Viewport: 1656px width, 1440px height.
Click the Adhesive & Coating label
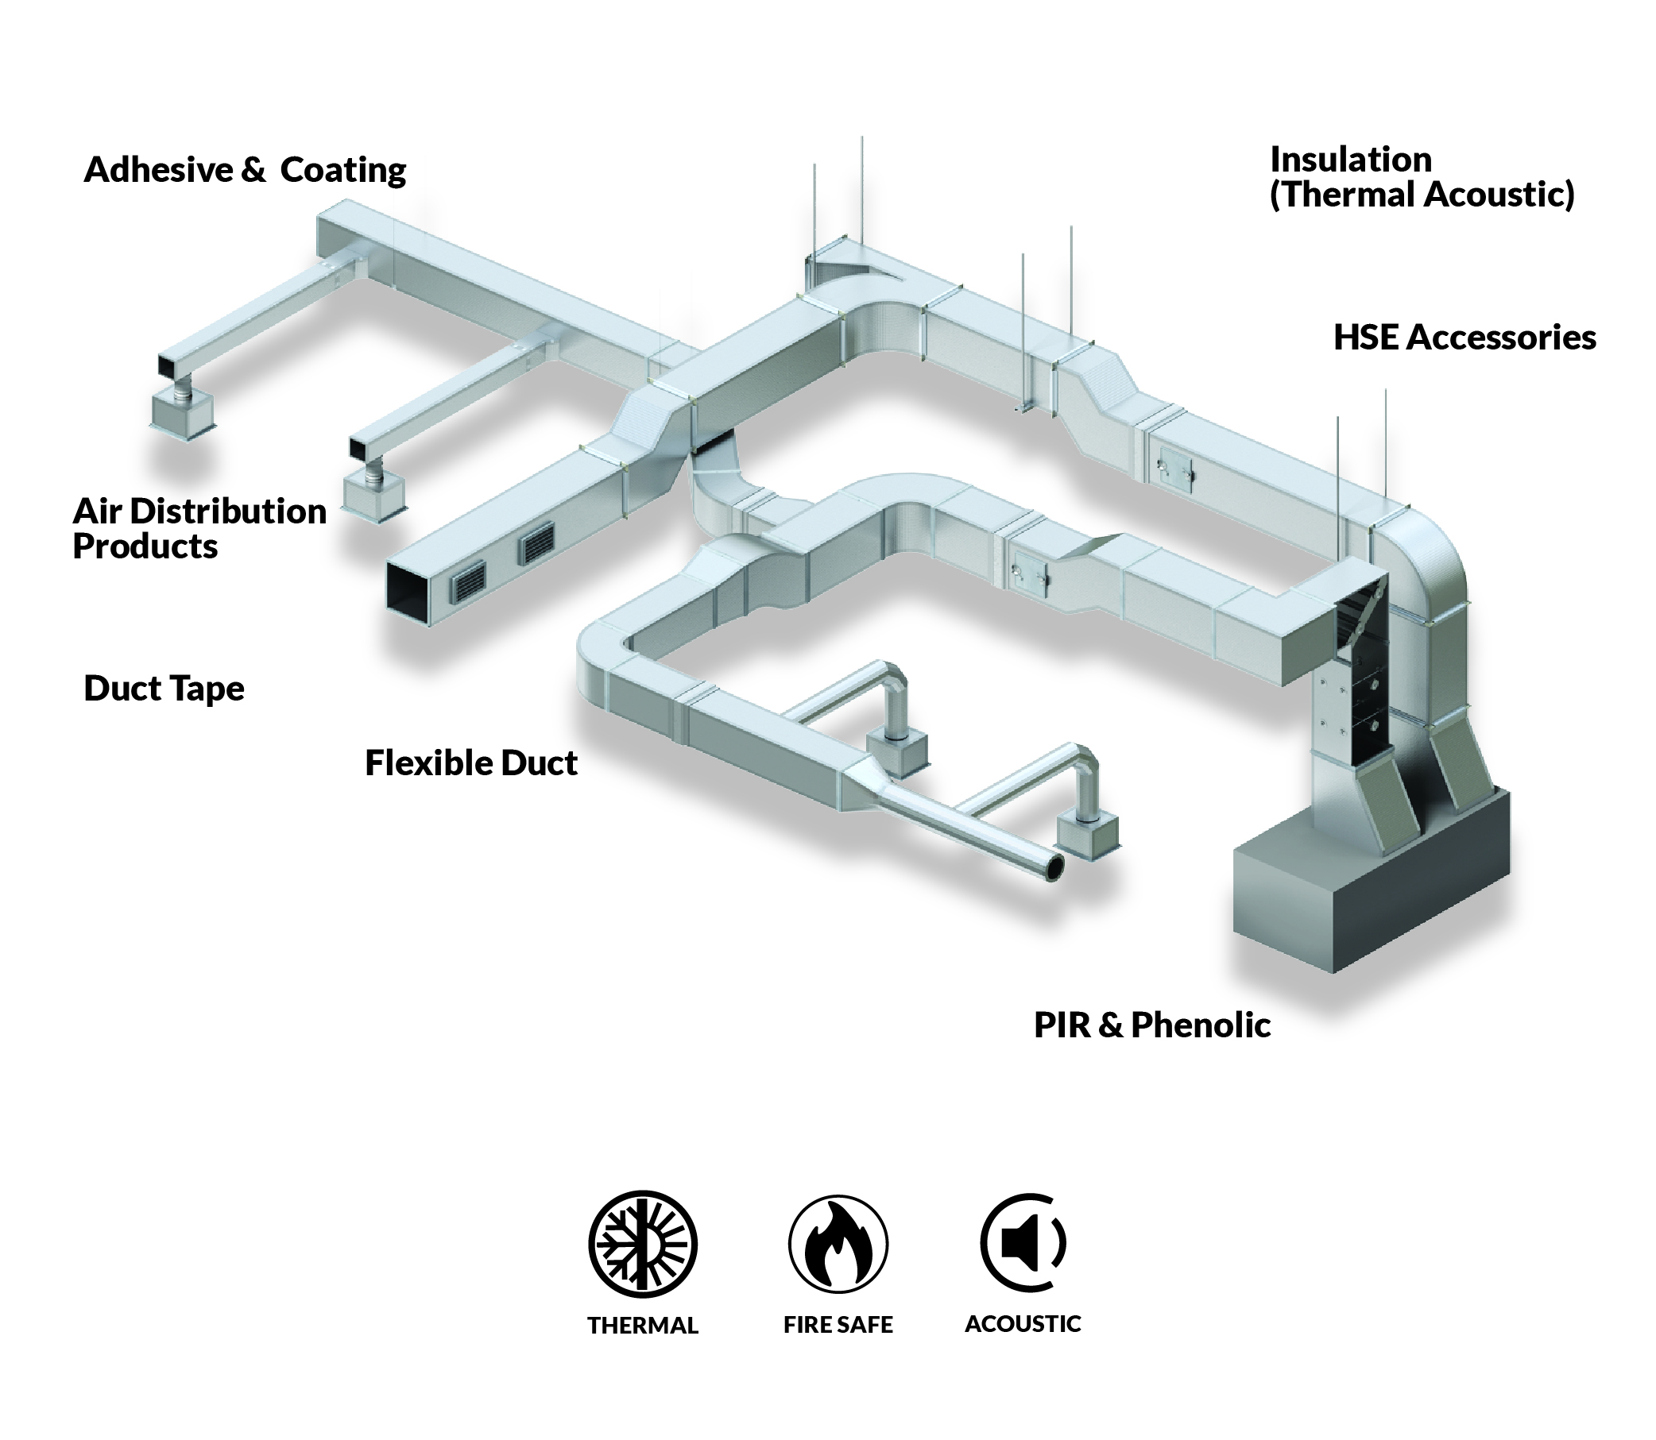[x=245, y=170]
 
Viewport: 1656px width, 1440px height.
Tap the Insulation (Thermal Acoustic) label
[x=1421, y=178]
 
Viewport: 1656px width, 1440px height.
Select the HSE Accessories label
[x=1464, y=338]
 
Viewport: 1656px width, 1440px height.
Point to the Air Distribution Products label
[x=199, y=528]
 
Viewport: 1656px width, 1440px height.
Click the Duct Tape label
[x=164, y=689]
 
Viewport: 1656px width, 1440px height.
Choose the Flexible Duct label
[x=471, y=763]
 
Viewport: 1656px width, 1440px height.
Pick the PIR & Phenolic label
[x=1151, y=1025]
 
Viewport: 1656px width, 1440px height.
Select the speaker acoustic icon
[x=1023, y=1242]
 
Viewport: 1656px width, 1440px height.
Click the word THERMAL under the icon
[x=642, y=1325]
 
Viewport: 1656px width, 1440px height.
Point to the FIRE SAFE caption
[x=838, y=1324]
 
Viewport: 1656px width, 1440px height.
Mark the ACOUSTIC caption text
[x=1023, y=1323]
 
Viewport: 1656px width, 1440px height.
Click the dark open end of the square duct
[x=408, y=589]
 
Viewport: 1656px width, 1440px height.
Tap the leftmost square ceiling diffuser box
[x=184, y=415]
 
